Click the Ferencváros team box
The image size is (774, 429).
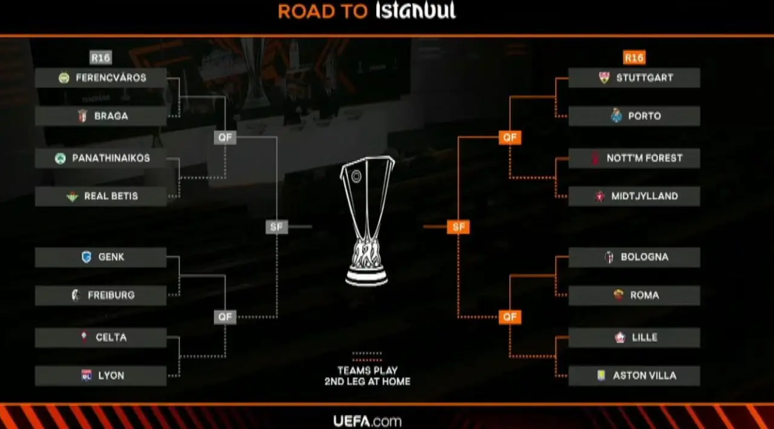100,78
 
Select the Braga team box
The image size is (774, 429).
100,116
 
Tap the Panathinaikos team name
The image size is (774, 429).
111,159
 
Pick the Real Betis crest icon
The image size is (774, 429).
73,197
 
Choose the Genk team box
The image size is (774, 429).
100,257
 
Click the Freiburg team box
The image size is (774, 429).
100,295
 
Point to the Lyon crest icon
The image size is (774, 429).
86,376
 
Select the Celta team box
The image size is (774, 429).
100,338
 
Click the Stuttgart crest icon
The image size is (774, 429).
604,78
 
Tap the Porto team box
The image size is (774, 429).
634,116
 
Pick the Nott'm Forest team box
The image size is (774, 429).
634,159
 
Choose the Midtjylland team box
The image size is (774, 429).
634,197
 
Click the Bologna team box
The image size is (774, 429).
634,257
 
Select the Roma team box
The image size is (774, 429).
634,295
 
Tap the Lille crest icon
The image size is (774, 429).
620,338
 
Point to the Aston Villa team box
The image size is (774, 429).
634,376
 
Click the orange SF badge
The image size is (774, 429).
458,228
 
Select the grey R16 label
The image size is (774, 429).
100,58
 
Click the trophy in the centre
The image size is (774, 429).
366,221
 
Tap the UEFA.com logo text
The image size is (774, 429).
367,421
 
